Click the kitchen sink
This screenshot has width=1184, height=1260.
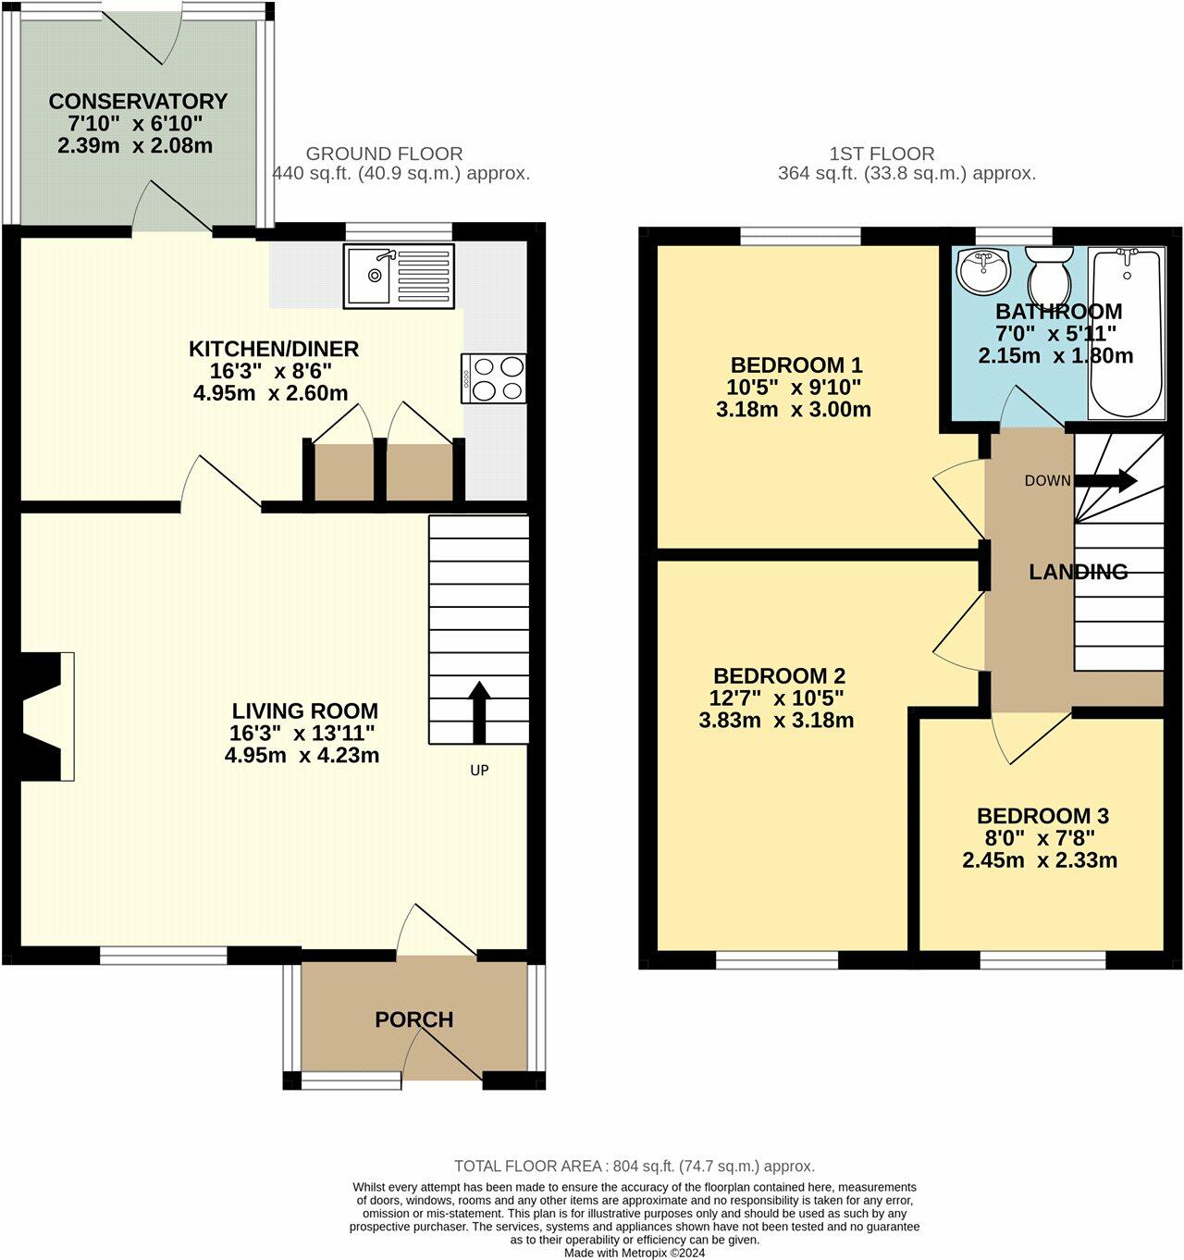[400, 276]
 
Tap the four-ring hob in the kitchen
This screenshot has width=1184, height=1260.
[494, 378]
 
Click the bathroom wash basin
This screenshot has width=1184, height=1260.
[984, 269]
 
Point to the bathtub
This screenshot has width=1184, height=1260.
[1126, 333]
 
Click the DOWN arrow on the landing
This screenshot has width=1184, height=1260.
[1105, 480]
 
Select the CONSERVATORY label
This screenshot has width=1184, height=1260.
[138, 101]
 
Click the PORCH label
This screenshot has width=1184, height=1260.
[413, 1019]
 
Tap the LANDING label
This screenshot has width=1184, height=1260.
[1078, 572]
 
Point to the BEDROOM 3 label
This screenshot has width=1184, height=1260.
[1042, 816]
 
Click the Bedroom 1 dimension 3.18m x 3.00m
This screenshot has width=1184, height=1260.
[793, 409]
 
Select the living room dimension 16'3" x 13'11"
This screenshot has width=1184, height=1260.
[302, 734]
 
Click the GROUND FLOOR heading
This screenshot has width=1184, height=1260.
[384, 154]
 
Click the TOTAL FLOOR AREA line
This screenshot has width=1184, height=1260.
[634, 1166]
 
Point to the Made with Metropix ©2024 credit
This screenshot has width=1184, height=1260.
[634, 1253]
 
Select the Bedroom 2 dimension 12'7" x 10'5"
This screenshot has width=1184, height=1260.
[778, 698]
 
